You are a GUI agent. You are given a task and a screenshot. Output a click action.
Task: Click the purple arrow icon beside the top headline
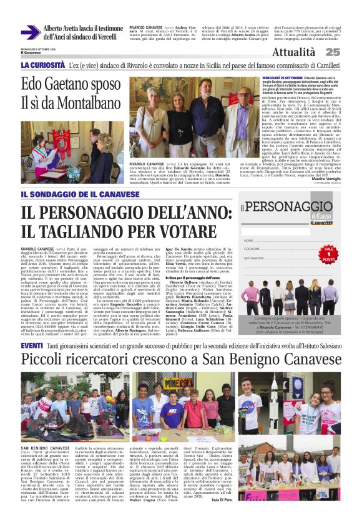pyautogui.click(x=30, y=32)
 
